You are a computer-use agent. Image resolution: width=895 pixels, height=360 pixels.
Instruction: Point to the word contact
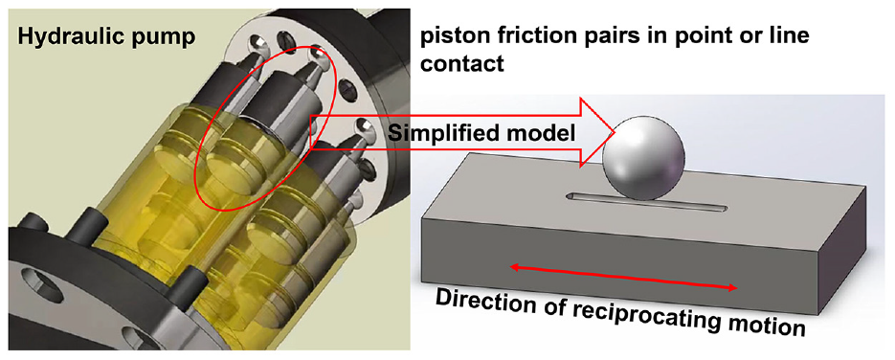(x=462, y=64)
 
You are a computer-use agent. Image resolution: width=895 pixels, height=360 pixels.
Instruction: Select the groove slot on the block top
(x=647, y=201)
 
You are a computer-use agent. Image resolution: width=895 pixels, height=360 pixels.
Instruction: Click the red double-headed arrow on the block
(x=623, y=278)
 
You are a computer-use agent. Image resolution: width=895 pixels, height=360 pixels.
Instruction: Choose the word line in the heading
(x=788, y=36)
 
